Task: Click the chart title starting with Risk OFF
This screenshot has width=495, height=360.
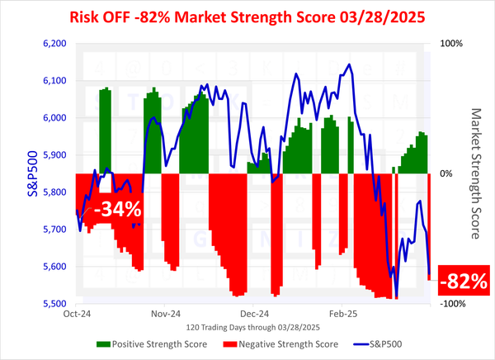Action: tap(247, 17)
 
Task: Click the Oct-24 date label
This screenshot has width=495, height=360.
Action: tap(75, 314)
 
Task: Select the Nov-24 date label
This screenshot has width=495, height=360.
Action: tap(165, 314)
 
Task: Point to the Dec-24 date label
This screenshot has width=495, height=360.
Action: tap(254, 314)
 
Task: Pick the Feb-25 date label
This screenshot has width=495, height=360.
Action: tap(342, 314)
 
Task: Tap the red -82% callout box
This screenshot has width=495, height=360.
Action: tap(464, 281)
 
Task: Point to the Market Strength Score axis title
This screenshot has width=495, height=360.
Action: tap(475, 173)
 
